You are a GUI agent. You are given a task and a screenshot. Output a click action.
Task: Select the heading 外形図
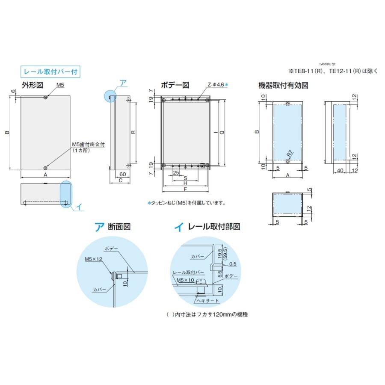pos(32,85)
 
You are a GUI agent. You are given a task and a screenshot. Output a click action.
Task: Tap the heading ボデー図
pos(175,85)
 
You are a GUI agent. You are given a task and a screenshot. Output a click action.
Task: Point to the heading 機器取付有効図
pos(284,85)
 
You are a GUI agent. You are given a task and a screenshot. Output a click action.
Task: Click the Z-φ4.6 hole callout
pos(216,85)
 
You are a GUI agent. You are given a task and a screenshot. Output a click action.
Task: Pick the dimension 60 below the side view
pos(122,174)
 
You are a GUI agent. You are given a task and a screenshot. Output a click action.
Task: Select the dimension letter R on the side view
pos(133,132)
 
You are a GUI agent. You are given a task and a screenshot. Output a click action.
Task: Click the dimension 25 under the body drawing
pos(175,172)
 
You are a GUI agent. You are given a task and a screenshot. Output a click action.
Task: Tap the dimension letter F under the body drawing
pos(185,189)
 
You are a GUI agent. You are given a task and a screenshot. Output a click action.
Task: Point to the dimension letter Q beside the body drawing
pos(222,133)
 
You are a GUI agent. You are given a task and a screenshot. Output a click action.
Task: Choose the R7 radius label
pos(289,152)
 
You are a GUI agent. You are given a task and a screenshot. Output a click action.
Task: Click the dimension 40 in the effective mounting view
pos(340,171)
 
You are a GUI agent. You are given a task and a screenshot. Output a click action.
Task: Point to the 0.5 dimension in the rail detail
pos(233,264)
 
